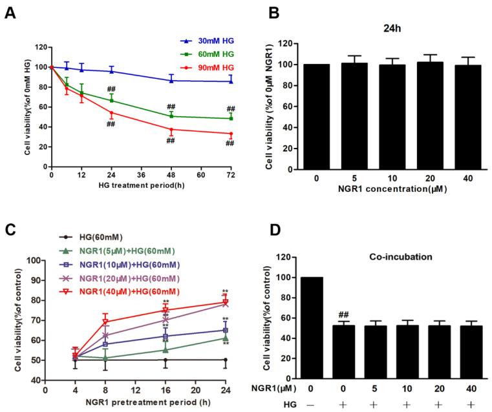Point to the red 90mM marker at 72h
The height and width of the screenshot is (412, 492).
point(232,134)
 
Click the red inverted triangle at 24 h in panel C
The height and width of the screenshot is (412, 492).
point(226,302)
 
